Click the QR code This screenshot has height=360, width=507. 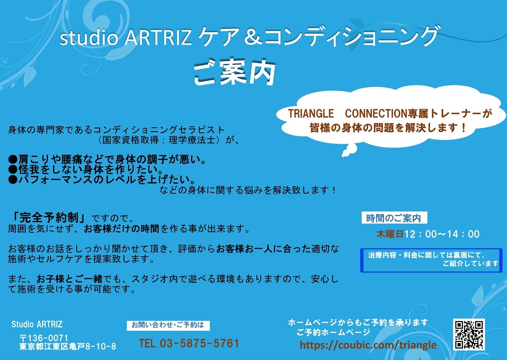[x=468, y=334]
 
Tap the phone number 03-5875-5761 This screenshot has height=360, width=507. [x=199, y=343]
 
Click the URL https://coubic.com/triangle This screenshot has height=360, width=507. [x=368, y=345]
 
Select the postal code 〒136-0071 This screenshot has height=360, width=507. [x=43, y=338]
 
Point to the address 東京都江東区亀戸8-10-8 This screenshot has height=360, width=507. [x=67, y=347]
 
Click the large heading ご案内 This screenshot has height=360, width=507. [x=235, y=73]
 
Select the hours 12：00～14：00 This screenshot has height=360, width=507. [x=442, y=234]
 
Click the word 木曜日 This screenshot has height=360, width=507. [x=390, y=234]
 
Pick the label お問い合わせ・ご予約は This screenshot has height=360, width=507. [x=168, y=325]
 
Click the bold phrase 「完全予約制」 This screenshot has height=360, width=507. [x=48, y=218]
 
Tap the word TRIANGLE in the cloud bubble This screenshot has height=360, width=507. [x=311, y=113]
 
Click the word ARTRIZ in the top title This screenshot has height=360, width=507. [x=158, y=37]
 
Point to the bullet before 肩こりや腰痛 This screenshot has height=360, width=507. [x=13, y=159]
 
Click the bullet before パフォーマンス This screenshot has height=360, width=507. [x=13, y=180]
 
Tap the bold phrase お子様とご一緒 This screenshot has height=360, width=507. [x=70, y=279]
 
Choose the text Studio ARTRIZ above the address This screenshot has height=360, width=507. [x=37, y=324]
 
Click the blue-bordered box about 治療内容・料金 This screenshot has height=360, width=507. [x=431, y=260]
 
